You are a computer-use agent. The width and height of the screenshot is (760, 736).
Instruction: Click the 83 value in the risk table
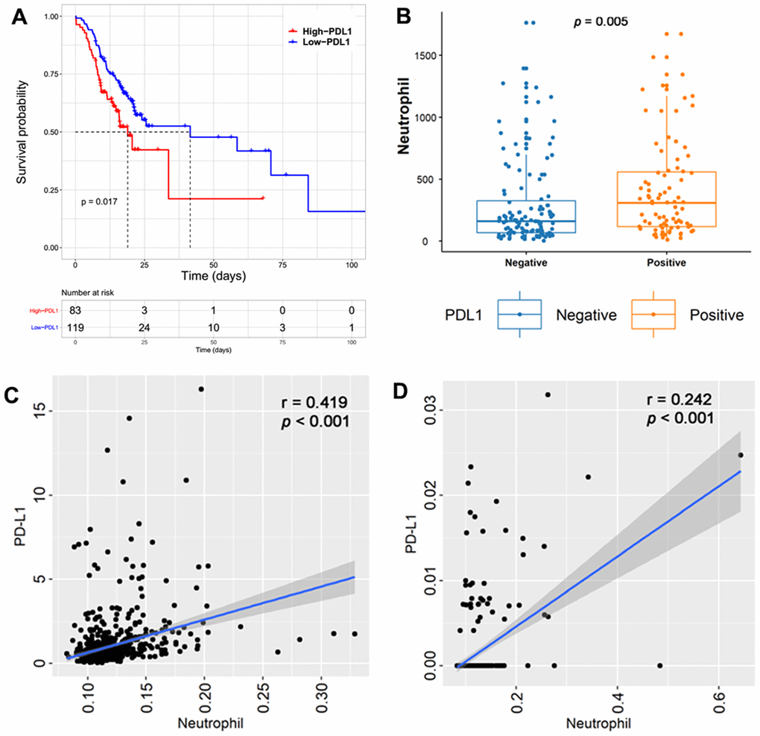pyautogui.click(x=75, y=309)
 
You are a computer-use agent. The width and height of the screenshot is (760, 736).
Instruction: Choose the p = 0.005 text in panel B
pyautogui.click(x=601, y=22)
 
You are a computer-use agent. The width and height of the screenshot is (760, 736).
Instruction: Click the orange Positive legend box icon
pyautogui.click(x=653, y=314)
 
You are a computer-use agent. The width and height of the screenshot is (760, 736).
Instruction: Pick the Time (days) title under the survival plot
pyautogui.click(x=213, y=276)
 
